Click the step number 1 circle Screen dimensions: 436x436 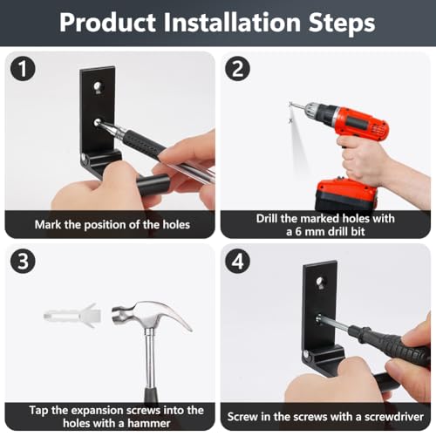(23, 69)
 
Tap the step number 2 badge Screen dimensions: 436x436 (237, 69)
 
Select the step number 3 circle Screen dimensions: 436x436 (23, 261)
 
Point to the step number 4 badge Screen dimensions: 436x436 (237, 261)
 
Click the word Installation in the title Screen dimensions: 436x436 (232, 23)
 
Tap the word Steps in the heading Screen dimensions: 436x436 (342, 24)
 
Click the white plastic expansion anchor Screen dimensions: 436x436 (72, 316)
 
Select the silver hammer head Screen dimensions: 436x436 (151, 316)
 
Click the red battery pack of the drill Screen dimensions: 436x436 (346, 194)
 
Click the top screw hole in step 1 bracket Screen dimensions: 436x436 (98, 86)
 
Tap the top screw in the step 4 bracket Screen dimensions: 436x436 (320, 281)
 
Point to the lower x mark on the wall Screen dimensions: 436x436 (290, 120)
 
